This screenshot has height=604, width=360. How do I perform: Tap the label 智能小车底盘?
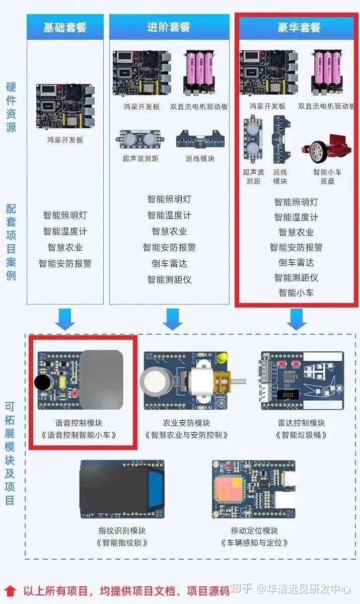(327, 176)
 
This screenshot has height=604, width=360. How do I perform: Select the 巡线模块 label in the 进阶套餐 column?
(200, 159)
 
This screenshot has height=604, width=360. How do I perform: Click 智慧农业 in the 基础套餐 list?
(65, 247)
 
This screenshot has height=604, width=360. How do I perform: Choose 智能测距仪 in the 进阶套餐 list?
(169, 279)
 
